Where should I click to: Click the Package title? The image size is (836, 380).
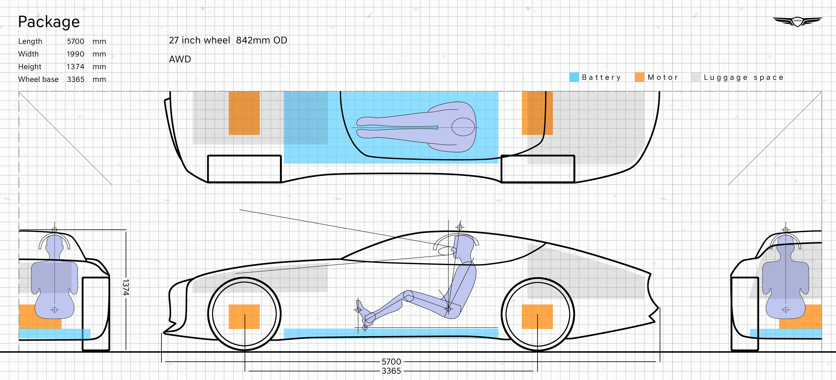[49, 22]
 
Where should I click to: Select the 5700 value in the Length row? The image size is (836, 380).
[75, 41]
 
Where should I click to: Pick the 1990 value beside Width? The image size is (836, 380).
[75, 54]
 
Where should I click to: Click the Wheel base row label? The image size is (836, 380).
[38, 79]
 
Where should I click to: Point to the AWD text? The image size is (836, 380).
[180, 59]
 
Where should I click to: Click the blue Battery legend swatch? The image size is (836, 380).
[574, 77]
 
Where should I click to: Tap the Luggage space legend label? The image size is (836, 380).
[743, 78]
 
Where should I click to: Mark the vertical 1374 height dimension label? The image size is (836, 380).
[126, 287]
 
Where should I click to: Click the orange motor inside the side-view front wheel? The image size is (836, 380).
[244, 316]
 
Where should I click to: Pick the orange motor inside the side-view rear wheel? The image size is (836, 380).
[537, 316]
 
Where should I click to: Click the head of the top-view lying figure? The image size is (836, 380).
[463, 127]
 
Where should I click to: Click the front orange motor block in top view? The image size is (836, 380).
[244, 113]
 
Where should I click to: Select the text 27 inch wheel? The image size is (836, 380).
[199, 40]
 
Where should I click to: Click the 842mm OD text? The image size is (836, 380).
[261, 40]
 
